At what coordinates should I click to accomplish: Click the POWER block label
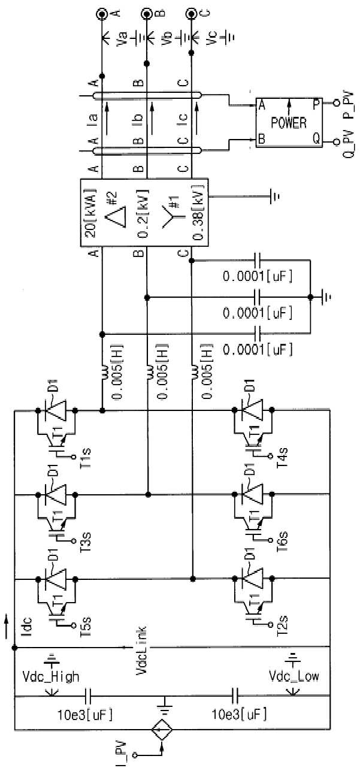[x=288, y=123]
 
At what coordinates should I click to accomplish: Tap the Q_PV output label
[x=348, y=144]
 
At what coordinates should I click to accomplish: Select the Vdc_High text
[x=50, y=676]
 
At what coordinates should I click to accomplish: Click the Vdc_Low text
[x=294, y=676]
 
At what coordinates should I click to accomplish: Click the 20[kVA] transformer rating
[x=90, y=213]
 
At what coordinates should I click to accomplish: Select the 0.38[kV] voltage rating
[x=199, y=213]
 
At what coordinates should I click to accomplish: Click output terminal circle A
[x=102, y=13]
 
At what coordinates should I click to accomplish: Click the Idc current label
[x=28, y=627]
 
